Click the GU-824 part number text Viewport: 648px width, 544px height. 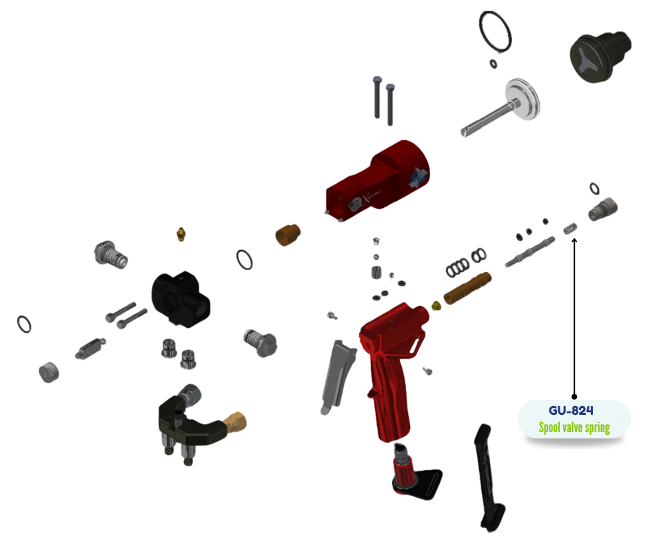coord(571,410)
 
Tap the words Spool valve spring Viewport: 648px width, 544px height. coord(574,427)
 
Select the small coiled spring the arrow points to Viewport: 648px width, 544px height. coord(570,228)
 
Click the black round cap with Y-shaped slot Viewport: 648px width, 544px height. coord(600,57)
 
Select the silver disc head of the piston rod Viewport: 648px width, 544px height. coord(523,99)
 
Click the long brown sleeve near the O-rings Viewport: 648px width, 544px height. coord(467,287)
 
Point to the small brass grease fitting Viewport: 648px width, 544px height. coord(181,234)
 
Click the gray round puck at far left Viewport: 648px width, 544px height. coord(49,372)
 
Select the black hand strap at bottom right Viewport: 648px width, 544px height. coord(491,477)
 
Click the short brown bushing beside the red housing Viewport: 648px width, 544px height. coord(287,234)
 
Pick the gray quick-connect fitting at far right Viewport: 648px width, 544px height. coord(603,209)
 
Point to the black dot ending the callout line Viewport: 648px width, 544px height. coord(574,397)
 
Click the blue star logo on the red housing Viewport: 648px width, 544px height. coord(418,178)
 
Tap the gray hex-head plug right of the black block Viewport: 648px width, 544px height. coord(261,343)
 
